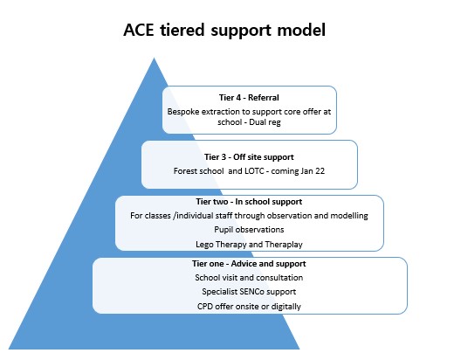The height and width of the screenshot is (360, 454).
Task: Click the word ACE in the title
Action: tap(139, 30)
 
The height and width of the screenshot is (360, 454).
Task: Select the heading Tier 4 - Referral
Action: tap(249, 98)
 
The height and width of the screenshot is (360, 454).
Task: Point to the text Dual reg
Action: tap(265, 122)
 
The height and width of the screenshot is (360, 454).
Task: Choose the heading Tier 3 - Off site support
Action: tap(249, 157)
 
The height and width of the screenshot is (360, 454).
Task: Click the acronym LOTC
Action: tap(254, 171)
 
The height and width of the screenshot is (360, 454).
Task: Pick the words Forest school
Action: tap(198, 171)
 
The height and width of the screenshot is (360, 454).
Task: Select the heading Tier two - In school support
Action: tap(249, 202)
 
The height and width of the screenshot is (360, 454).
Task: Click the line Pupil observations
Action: tap(249, 230)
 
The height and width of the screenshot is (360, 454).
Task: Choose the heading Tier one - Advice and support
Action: tap(249, 264)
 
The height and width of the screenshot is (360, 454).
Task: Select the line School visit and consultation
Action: tap(249, 278)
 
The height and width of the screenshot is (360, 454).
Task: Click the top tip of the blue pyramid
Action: tap(154, 58)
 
